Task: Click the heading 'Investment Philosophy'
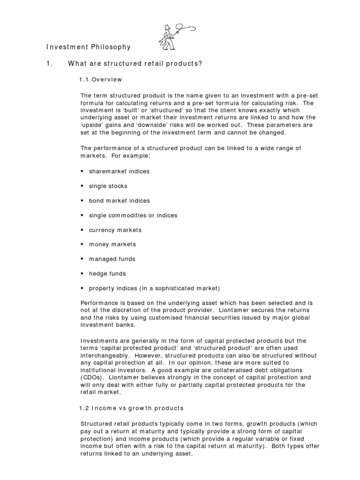(x=88, y=47)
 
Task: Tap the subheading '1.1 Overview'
(x=101, y=80)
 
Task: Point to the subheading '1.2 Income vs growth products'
(x=131, y=408)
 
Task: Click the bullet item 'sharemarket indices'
(x=119, y=171)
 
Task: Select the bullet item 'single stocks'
(x=108, y=186)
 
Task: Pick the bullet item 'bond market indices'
(x=119, y=201)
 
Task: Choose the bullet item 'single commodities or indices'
(x=133, y=215)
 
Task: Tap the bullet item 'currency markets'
(x=115, y=230)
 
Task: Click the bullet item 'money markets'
(x=112, y=244)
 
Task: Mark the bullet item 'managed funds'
(x=112, y=259)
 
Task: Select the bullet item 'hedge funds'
(x=107, y=273)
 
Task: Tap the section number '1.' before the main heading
(x=49, y=64)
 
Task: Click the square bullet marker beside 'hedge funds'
(x=82, y=273)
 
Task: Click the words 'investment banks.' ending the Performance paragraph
(x=108, y=324)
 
